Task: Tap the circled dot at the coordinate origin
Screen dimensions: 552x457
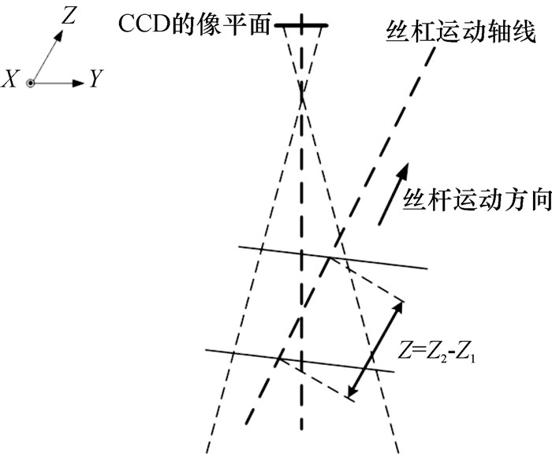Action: click(x=31, y=82)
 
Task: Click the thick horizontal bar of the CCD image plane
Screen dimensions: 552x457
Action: click(x=301, y=27)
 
